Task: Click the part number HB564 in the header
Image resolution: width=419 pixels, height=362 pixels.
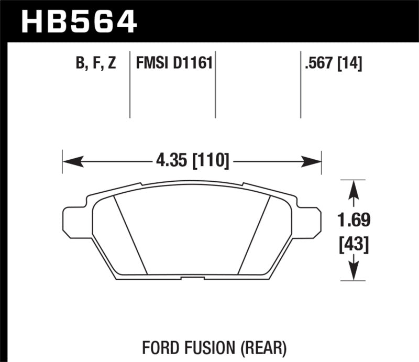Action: click(x=79, y=22)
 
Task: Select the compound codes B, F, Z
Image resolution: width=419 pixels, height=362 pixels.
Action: click(x=95, y=64)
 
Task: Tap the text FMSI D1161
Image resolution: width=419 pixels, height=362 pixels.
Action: click(x=173, y=64)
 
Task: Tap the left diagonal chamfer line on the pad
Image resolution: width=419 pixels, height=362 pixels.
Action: click(x=131, y=236)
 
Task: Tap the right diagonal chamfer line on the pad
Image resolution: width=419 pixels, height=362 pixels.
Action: click(x=253, y=236)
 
